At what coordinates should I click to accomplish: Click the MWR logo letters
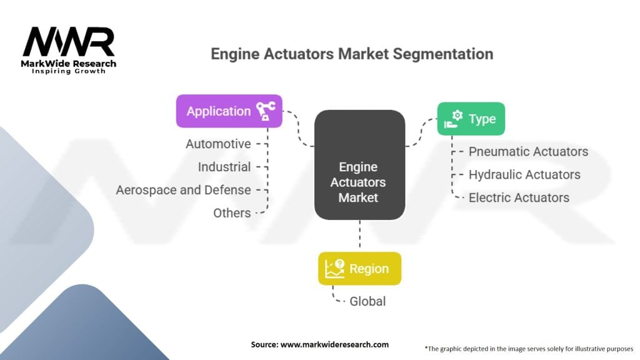(x=69, y=42)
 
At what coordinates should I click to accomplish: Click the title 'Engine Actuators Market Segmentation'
(x=352, y=54)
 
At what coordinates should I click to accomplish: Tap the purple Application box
(x=229, y=111)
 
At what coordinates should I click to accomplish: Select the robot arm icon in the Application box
(x=266, y=111)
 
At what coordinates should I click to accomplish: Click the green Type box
(x=471, y=119)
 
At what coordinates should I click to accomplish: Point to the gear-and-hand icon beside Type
(x=454, y=119)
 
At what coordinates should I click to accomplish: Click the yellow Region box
(x=359, y=269)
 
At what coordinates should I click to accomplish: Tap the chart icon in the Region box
(x=335, y=269)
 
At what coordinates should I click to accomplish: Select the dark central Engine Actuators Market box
(x=359, y=165)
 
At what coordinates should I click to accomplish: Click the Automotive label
(x=218, y=144)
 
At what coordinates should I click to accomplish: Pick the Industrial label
(x=224, y=167)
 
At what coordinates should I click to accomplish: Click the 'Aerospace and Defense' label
(x=183, y=190)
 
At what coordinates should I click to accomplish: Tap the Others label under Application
(x=232, y=213)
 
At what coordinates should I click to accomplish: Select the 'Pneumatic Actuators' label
(x=528, y=152)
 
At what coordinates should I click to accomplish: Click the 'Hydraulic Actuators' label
(x=524, y=175)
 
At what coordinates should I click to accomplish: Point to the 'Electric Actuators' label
(x=519, y=198)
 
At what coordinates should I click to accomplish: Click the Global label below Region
(x=367, y=302)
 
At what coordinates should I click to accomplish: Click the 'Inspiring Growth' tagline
(x=69, y=71)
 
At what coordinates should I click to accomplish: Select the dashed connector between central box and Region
(x=359, y=234)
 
